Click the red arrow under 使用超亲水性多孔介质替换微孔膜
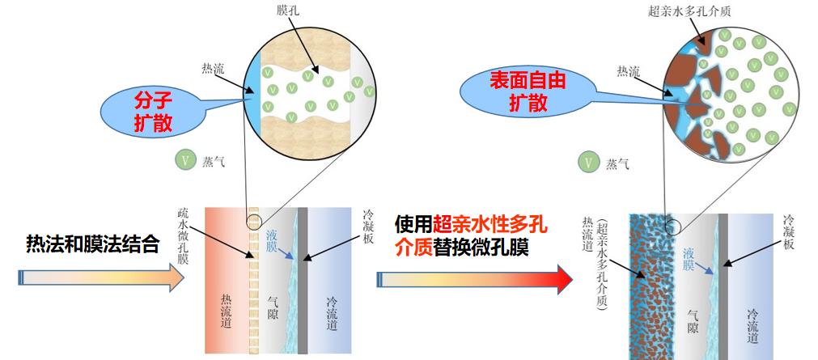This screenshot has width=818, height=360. click(474, 278)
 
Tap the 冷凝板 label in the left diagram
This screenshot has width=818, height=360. click(369, 228)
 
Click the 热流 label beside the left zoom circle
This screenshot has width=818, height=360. click(215, 69)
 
